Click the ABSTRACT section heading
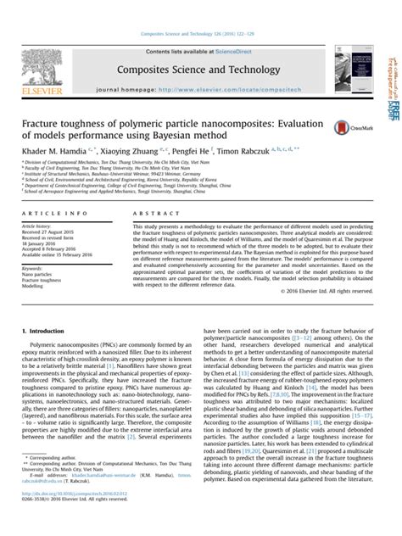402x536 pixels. tap(150, 215)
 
